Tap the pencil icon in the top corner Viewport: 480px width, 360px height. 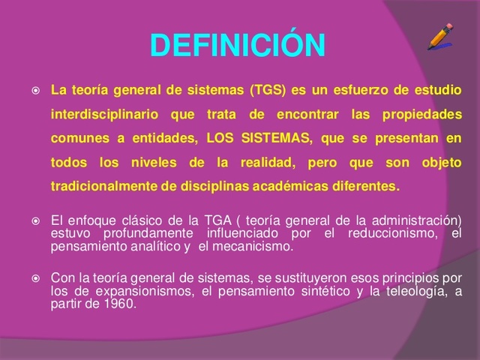coord(441,37)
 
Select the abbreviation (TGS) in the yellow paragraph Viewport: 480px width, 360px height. coord(269,92)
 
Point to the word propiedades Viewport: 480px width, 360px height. coord(423,116)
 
